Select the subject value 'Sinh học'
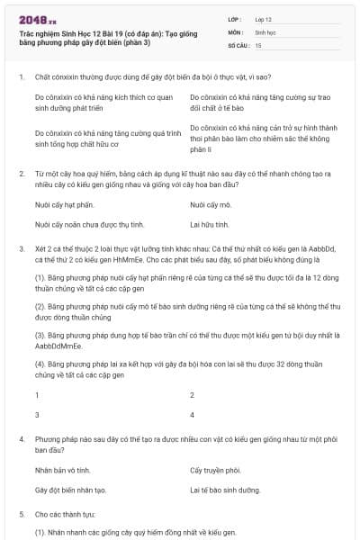[265, 31]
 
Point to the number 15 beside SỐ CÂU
[258, 44]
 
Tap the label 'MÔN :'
[237, 31]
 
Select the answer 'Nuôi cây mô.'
[211, 204]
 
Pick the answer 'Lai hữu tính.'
[211, 222]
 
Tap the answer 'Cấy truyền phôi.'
[216, 470]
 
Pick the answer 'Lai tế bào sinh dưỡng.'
[225, 490]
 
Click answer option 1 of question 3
[37, 395]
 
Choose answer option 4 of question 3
[192, 415]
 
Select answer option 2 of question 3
[192, 395]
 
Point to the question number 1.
[21, 77]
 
